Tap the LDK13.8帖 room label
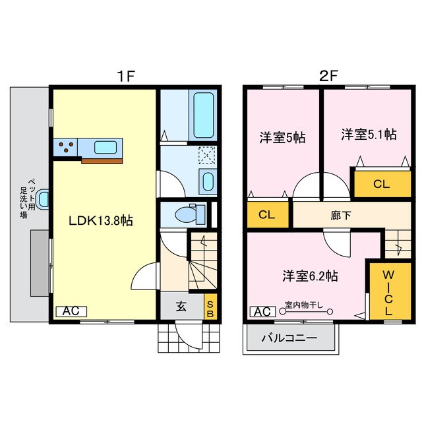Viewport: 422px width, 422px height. coord(102,221)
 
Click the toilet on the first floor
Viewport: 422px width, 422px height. coord(191,214)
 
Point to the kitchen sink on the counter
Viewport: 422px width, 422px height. coord(104,146)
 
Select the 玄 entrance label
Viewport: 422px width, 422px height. coord(181,306)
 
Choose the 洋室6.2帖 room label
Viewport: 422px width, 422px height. coord(311,276)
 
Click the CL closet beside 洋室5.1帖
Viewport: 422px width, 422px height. coord(381,184)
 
